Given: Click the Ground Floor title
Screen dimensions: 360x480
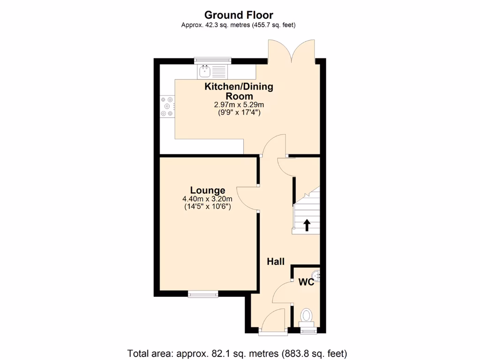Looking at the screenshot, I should (x=239, y=15).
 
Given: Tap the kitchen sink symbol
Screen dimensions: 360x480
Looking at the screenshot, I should (x=204, y=72).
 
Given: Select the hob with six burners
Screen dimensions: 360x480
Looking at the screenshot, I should (x=167, y=106).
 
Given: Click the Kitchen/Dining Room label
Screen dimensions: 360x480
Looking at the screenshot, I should (x=239, y=91).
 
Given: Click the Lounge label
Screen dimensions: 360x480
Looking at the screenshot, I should (x=208, y=190).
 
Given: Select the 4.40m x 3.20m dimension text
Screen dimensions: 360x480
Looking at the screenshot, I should (x=207, y=199).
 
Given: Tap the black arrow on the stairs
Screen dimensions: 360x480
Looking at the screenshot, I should (x=307, y=225).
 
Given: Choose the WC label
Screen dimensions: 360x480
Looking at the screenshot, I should (x=306, y=282).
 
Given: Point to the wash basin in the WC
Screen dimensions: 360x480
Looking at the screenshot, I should (x=317, y=277).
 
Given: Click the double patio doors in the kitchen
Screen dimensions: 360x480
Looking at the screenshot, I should (x=292, y=52).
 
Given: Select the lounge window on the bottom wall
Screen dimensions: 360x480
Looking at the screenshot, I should (x=203, y=294).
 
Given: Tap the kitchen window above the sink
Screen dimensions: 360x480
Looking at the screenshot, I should (x=213, y=60).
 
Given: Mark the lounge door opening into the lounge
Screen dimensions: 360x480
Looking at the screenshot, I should (x=247, y=198).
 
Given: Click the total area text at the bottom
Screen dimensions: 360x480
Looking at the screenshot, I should (x=237, y=353).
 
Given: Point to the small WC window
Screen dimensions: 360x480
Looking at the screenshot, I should (x=308, y=331).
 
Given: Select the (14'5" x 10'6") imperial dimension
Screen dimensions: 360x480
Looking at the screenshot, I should (x=207, y=206).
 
